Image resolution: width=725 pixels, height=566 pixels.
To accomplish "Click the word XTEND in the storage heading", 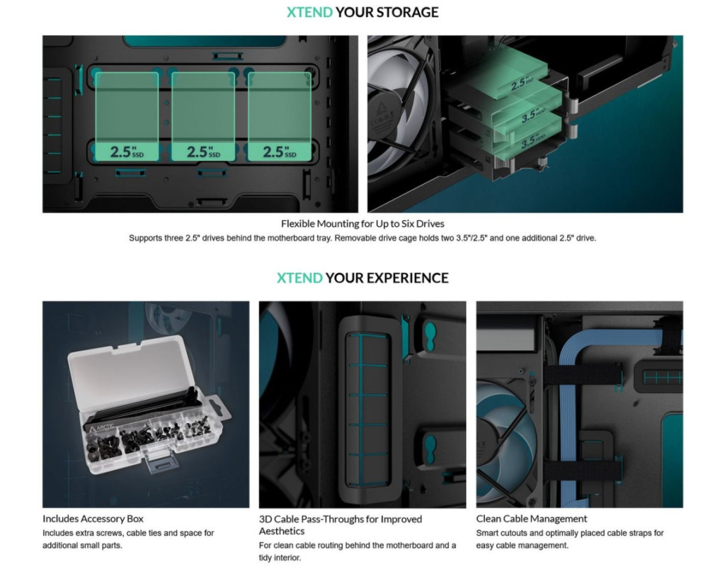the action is (x=309, y=12).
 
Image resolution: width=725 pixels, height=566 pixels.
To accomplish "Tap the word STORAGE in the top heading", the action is (x=407, y=12).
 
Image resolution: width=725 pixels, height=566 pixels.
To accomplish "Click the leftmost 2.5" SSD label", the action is (x=127, y=151).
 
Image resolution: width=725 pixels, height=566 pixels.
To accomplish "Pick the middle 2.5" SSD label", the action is (x=203, y=151).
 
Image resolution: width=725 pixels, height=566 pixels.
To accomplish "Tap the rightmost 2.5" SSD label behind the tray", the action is (x=280, y=151).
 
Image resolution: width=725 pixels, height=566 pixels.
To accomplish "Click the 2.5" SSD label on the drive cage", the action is (x=523, y=83).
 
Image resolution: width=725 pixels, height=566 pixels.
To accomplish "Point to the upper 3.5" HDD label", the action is (x=534, y=115).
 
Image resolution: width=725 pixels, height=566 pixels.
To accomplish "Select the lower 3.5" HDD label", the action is (x=533, y=141).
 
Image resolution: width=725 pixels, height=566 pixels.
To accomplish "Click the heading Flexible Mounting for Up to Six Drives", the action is (x=362, y=224).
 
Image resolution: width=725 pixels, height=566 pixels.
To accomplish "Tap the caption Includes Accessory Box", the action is (x=93, y=519).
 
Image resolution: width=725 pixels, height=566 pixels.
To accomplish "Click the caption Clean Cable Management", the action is (x=531, y=519).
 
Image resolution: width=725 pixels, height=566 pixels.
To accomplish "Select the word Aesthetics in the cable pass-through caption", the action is (x=282, y=531).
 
